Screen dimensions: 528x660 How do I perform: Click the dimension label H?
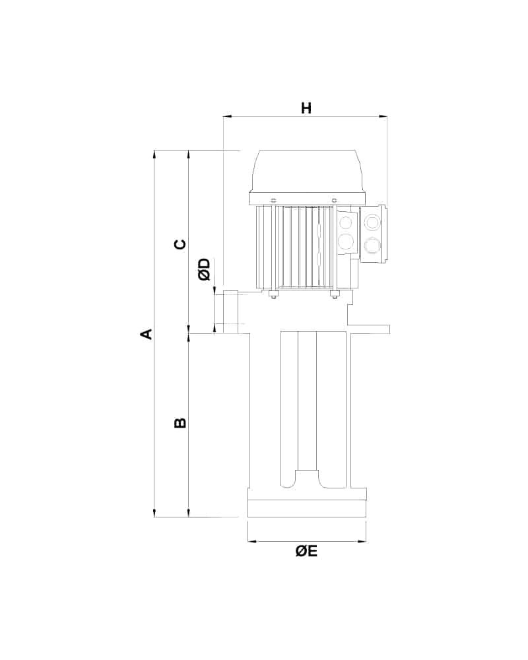tap(306, 108)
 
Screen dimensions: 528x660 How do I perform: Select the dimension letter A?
tap(146, 334)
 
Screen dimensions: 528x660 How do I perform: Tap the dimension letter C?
tap(180, 244)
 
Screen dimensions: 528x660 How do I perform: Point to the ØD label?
tap(205, 269)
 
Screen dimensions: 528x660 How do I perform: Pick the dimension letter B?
tap(180, 422)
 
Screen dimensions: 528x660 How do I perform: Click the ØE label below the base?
tap(306, 551)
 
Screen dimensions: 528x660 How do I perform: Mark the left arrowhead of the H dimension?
tap(227, 117)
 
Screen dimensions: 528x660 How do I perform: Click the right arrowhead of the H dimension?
tap(383, 117)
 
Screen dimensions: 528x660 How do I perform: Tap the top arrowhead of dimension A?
tap(155, 154)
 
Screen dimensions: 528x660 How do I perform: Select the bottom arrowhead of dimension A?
tap(155, 512)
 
